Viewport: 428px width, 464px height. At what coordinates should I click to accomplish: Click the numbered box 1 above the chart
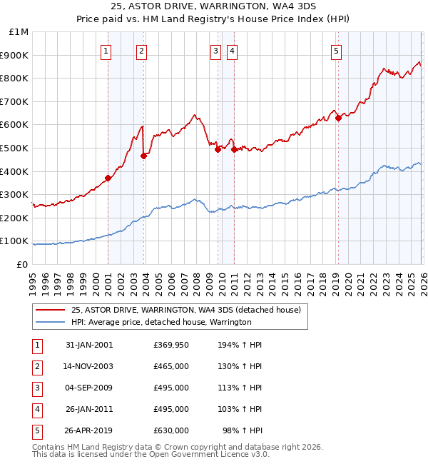point(106,51)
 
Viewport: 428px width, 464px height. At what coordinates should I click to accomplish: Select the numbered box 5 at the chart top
point(336,51)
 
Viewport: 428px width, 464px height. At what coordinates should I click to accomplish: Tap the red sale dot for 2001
point(108,178)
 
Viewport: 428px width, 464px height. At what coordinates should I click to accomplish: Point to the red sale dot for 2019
point(338,118)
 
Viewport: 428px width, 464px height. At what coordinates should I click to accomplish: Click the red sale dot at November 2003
point(143,156)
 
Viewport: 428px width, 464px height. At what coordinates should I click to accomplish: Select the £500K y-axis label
point(14,148)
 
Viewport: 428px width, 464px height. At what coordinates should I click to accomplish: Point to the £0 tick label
point(21,264)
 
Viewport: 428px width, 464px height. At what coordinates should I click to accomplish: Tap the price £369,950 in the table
point(171,345)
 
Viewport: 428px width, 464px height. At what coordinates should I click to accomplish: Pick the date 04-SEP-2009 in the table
point(89,388)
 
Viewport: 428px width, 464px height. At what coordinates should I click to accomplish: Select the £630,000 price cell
point(171,430)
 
